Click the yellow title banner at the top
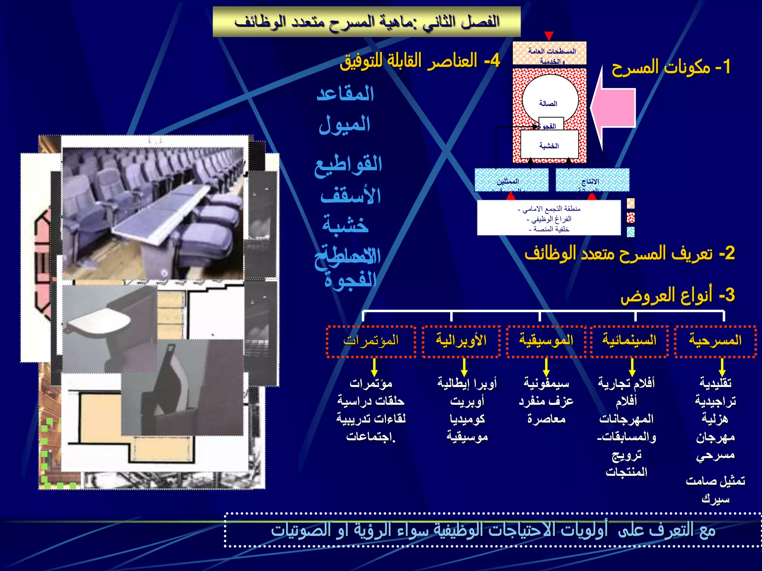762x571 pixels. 366,22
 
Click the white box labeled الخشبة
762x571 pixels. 549,145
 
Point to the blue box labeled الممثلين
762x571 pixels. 511,180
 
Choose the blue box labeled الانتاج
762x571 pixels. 592,180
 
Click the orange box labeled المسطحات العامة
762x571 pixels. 550,53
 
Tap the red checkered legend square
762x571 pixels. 631,217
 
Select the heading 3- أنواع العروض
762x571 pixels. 677,295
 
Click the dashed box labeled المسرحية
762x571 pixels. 715,341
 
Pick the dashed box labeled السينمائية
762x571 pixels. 629,341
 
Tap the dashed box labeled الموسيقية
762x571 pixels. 546,341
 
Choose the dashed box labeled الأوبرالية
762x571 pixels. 461,341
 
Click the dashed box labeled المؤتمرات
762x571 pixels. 371,341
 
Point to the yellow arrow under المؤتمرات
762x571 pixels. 374,367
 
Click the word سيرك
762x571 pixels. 715,499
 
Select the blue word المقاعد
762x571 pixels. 345,94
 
